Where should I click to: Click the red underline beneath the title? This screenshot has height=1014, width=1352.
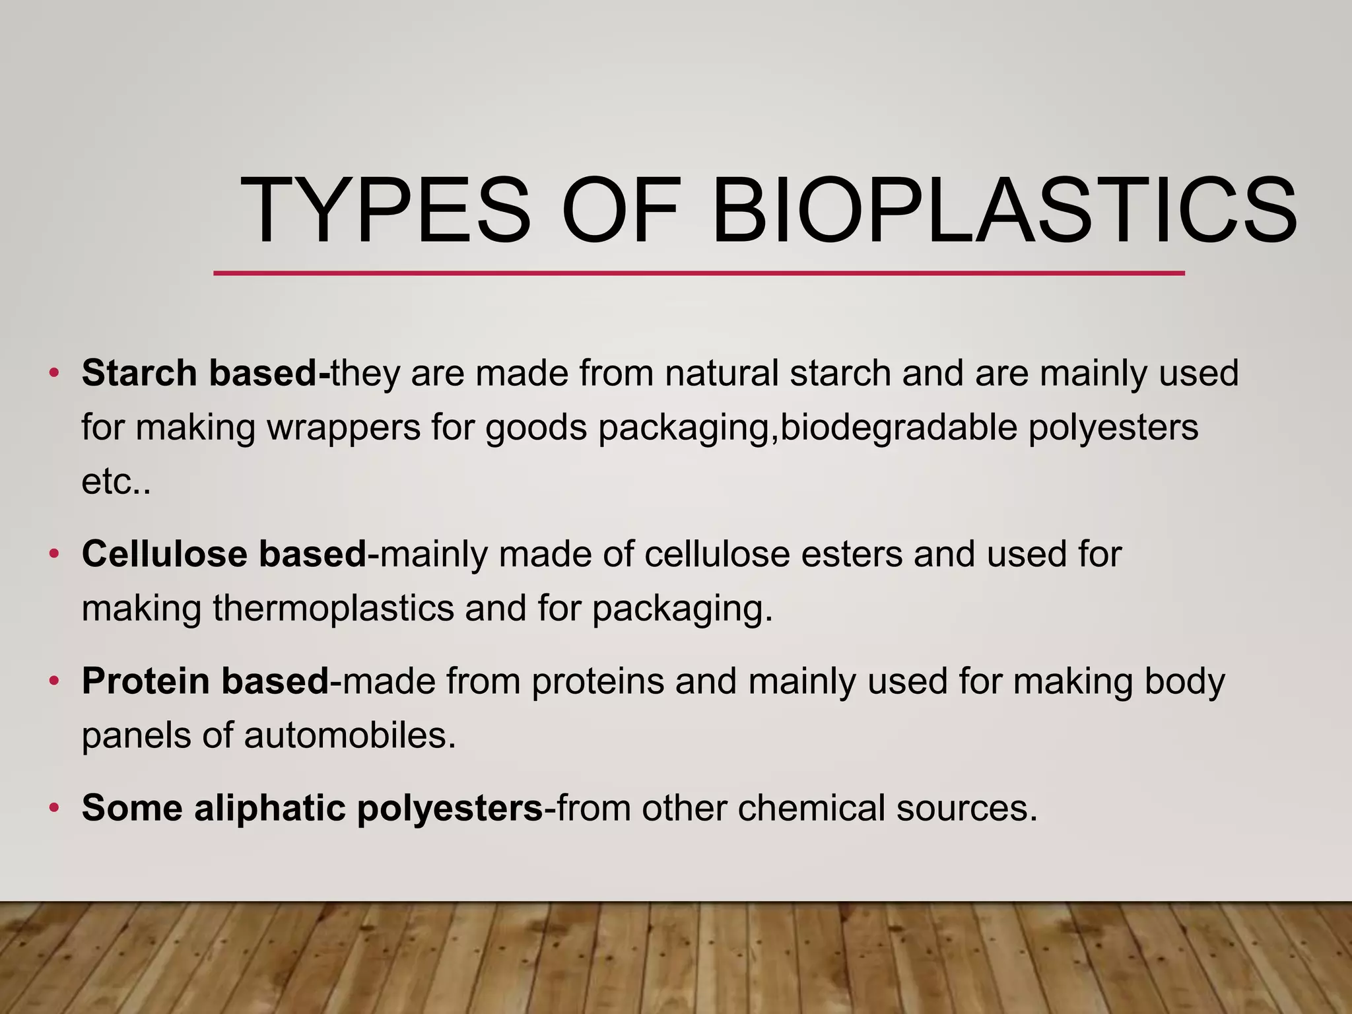click(698, 273)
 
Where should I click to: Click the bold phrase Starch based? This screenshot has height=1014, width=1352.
click(205, 373)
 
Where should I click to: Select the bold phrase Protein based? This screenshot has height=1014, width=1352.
click(205, 681)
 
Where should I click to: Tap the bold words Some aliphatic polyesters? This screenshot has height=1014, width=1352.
click(312, 807)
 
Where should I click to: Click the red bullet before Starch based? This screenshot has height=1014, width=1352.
click(54, 374)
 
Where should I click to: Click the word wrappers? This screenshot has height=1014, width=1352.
click(344, 428)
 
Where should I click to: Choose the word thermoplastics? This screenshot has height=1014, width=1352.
click(333, 608)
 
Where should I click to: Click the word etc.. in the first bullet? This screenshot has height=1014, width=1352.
click(116, 482)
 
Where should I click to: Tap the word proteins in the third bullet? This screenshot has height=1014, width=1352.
click(597, 681)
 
